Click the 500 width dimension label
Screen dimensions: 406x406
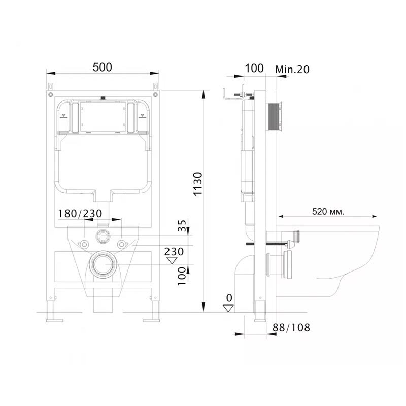click(x=103, y=67)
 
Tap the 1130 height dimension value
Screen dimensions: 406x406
click(x=198, y=184)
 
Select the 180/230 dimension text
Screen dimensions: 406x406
click(x=80, y=214)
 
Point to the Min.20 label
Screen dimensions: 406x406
click(x=292, y=70)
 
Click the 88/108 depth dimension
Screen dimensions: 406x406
click(x=291, y=327)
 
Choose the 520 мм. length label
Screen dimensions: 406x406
click(x=328, y=212)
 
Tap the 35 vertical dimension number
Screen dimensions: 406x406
click(x=182, y=225)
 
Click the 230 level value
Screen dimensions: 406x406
click(x=174, y=251)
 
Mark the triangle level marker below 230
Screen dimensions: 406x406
click(x=172, y=260)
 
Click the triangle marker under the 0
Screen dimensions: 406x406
click(x=228, y=308)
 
